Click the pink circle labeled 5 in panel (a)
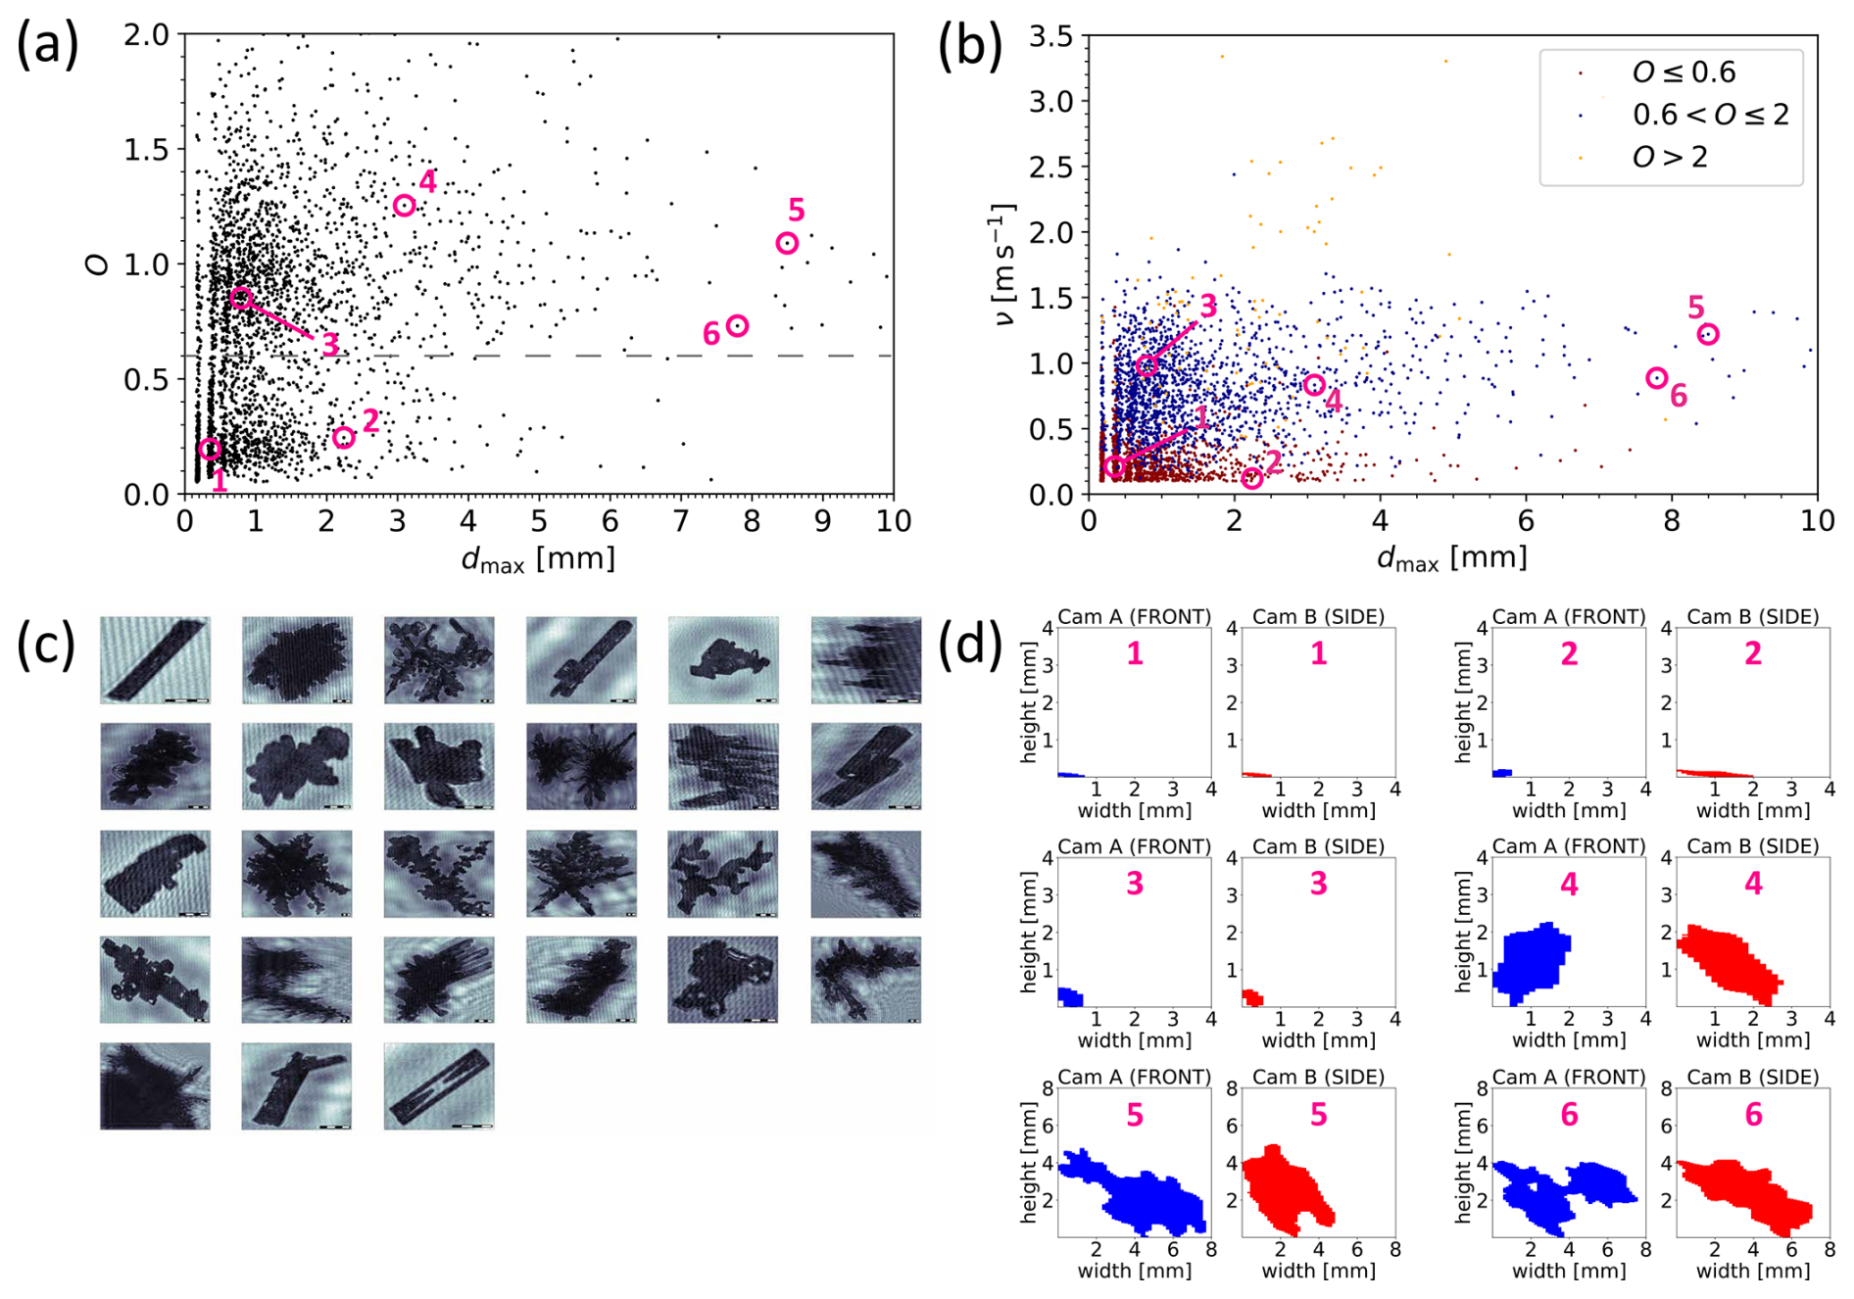point(787,243)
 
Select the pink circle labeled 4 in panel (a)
point(404,205)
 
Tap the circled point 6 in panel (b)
point(1656,378)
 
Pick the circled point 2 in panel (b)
point(1251,478)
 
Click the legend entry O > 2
point(1669,157)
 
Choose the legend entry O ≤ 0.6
point(1683,72)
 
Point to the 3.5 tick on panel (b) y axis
point(1050,37)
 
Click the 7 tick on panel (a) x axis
point(680,521)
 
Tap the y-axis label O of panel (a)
point(97,264)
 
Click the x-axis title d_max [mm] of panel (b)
point(1451,558)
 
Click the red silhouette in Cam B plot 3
point(1251,998)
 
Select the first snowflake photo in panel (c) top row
point(155,659)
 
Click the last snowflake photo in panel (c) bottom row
point(439,1085)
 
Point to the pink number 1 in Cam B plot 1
point(1318,653)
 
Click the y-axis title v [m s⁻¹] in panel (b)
point(1001,265)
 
